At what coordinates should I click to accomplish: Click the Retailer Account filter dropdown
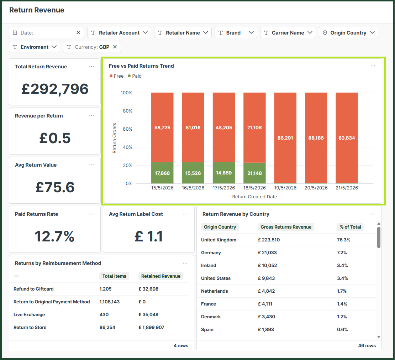click(119, 32)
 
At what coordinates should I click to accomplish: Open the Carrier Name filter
click(288, 32)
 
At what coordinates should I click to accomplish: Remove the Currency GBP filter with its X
click(115, 47)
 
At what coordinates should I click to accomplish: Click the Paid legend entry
click(135, 76)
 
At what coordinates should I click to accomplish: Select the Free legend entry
click(116, 76)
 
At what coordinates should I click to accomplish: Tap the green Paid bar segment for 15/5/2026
click(162, 173)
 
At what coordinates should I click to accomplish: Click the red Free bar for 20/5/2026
click(316, 138)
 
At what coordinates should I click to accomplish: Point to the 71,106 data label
click(254, 127)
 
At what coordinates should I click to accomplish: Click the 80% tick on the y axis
click(127, 111)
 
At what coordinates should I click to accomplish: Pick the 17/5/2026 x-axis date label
click(224, 188)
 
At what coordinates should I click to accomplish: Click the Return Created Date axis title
click(254, 197)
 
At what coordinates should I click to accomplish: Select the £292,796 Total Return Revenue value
click(55, 89)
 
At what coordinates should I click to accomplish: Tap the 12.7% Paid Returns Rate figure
click(54, 236)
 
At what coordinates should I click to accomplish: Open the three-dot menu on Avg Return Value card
click(91, 165)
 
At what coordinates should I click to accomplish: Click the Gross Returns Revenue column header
click(286, 227)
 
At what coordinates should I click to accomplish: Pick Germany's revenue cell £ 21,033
click(267, 252)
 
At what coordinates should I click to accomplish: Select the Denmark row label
click(211, 317)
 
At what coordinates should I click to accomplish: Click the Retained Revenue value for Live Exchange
click(148, 315)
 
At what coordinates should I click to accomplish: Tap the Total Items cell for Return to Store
click(107, 328)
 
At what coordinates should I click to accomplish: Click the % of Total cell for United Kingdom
click(344, 240)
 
